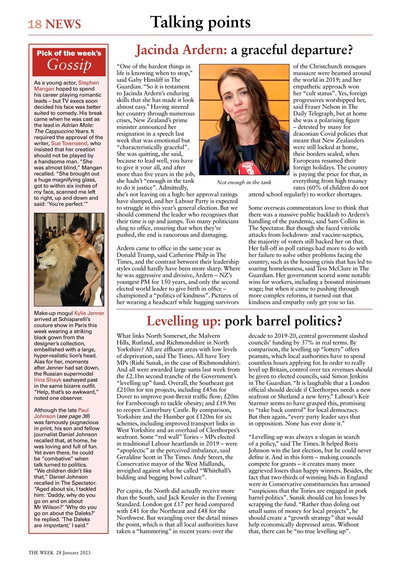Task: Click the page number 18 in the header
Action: coord(34,24)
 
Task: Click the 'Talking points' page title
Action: coord(200,22)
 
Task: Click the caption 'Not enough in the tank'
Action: coord(244,183)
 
